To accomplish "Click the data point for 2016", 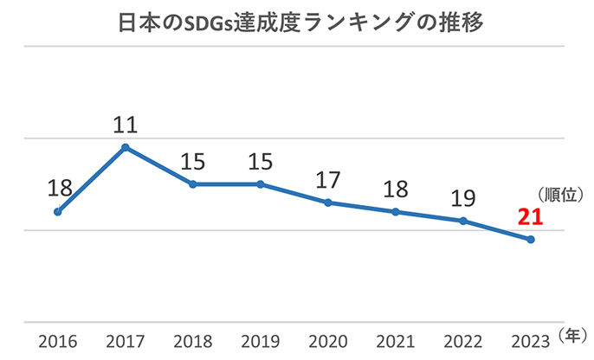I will click(58, 211).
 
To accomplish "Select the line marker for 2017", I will click(126, 147).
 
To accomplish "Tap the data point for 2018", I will click(193, 184).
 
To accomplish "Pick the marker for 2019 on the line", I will click(261, 184).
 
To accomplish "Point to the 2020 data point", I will click(328, 202).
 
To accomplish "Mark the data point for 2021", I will click(396, 212).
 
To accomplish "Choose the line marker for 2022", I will click(463, 221).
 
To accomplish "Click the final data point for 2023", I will click(531, 240).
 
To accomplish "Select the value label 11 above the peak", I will click(126, 124).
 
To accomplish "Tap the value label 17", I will click(329, 179).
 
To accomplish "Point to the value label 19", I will click(464, 197).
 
